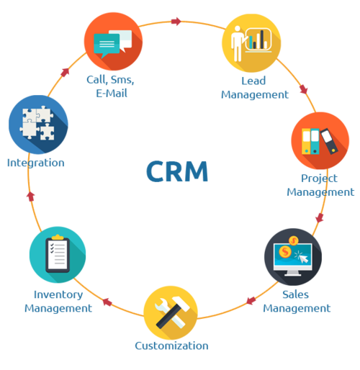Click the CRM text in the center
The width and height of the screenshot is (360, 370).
coord(177,172)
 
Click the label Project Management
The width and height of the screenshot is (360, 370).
coord(320,186)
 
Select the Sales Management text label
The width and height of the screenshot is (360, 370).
coord(296,302)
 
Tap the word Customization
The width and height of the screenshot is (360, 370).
coord(171,346)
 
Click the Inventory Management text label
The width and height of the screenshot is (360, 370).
coord(58,301)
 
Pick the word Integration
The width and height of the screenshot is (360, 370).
coord(36,163)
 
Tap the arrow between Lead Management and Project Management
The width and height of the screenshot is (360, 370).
coord(303,90)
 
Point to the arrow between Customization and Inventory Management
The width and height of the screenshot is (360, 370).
coord(107,302)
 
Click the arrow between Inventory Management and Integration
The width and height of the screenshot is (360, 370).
coord(30,194)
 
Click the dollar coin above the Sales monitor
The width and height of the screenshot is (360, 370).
coord(294,239)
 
